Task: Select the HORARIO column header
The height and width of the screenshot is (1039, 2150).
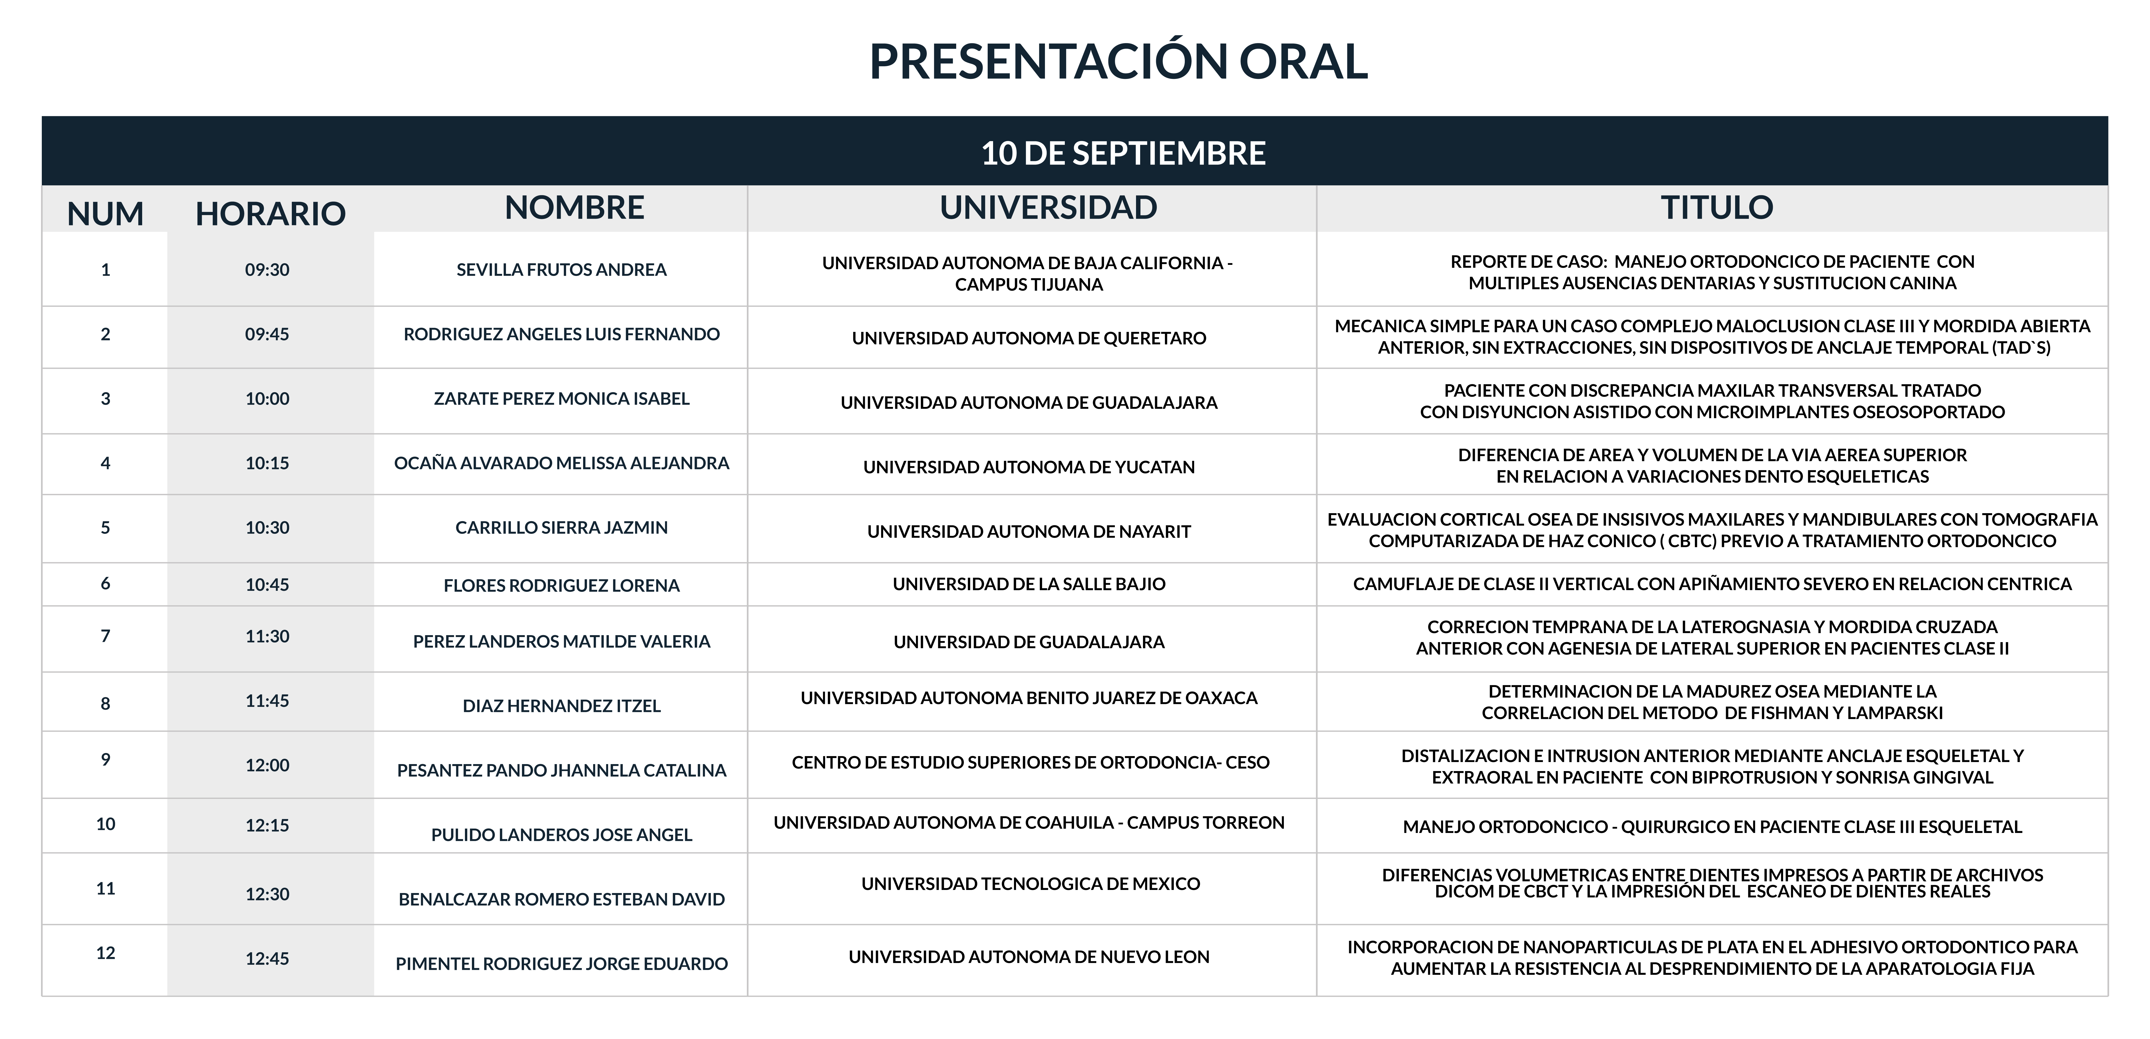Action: pos(270,214)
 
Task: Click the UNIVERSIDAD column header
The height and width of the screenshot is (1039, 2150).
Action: pos(1048,207)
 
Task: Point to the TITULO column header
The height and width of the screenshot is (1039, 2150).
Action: pos(1717,207)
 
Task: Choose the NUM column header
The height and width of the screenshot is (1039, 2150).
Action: pos(105,214)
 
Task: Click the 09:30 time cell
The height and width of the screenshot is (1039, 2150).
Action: pos(267,269)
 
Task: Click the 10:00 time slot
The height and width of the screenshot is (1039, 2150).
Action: pos(267,399)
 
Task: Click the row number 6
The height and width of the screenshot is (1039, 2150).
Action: pos(105,583)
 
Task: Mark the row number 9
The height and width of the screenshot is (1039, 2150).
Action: pos(105,759)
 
